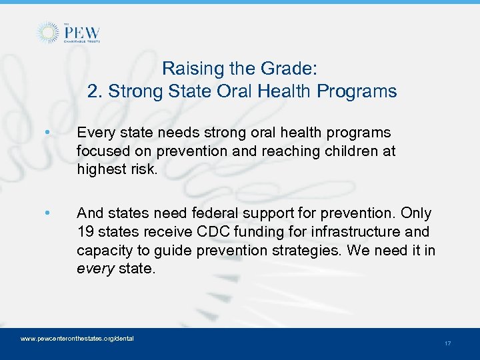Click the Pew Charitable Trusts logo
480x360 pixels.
click(x=69, y=33)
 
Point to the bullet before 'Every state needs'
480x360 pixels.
click(x=46, y=133)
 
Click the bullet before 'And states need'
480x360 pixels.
click(x=46, y=213)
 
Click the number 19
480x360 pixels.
click(x=85, y=231)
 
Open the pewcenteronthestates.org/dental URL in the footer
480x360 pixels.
click(x=77, y=339)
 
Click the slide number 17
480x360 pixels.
click(x=447, y=343)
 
